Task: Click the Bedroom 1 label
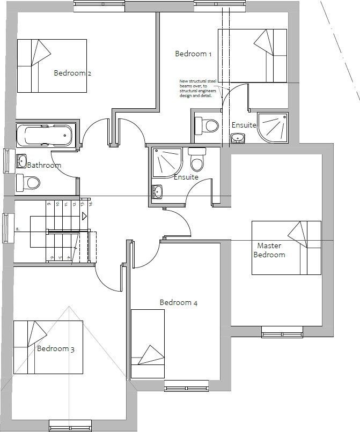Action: pos(193,54)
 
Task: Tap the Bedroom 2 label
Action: pos(72,73)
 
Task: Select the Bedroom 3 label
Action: pos(56,349)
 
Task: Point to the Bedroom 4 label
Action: pos(179,303)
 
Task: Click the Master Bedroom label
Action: pos(269,250)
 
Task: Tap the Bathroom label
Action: pos(44,165)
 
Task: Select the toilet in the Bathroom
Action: pos(28,183)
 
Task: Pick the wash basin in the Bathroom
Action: pos(21,160)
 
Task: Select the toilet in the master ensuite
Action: pos(197,159)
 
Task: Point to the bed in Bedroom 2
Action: pos(52,65)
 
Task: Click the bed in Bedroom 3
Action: pos(48,347)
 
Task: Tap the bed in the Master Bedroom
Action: pos(286,248)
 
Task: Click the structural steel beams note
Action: pos(197,88)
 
